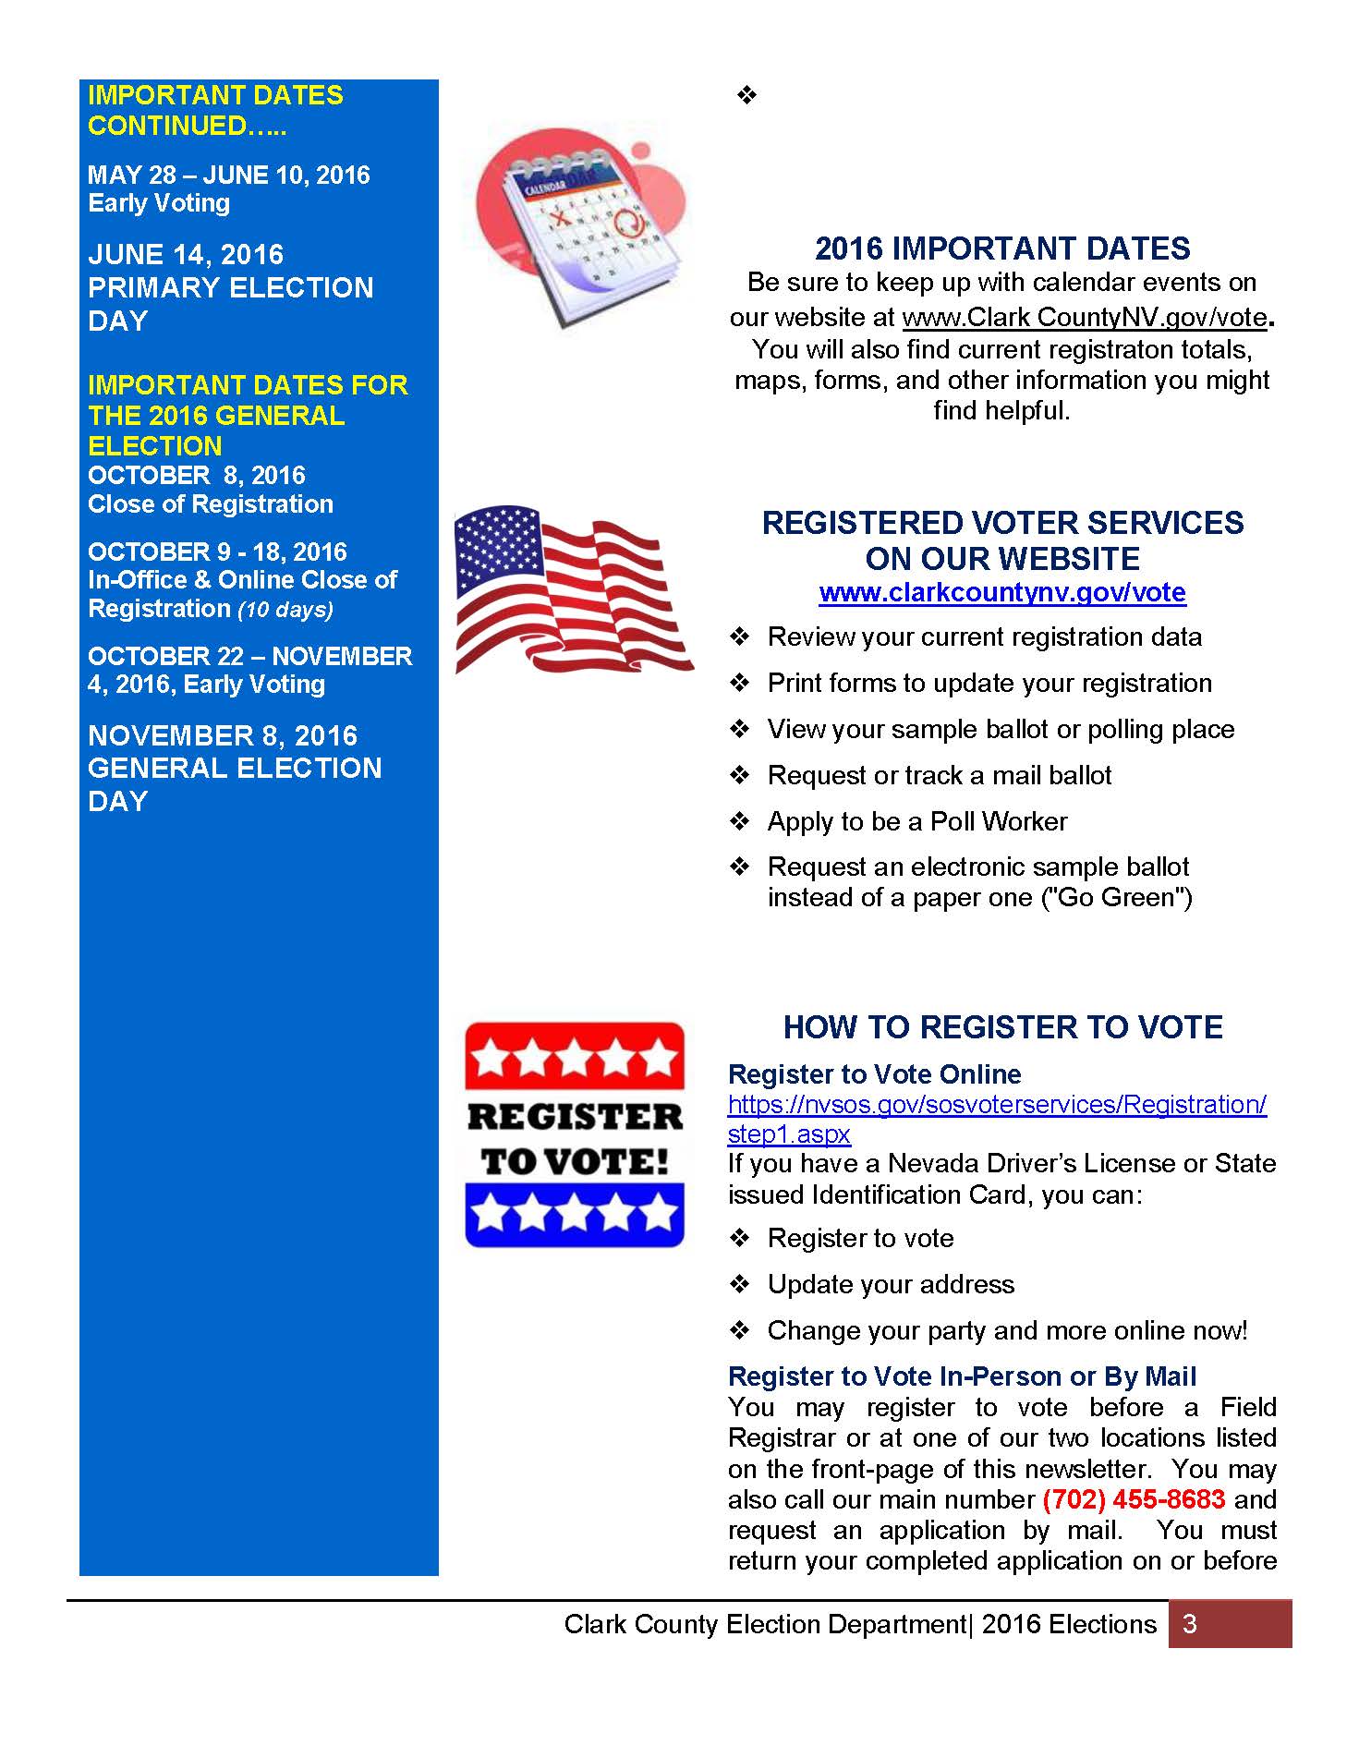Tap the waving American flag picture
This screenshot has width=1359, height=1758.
pos(573,589)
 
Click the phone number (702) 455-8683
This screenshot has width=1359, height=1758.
pos(1134,1498)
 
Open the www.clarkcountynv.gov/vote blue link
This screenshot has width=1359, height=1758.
pos(1002,592)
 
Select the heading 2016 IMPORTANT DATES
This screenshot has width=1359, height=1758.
pos(1002,249)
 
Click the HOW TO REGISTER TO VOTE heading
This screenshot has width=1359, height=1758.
pos(1002,1027)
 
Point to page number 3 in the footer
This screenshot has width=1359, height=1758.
pos(1190,1624)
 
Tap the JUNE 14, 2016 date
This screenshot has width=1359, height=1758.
pos(186,255)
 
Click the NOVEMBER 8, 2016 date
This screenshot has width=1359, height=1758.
pos(223,736)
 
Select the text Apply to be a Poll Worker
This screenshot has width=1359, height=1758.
pos(916,821)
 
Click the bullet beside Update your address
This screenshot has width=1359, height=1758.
pos(739,1284)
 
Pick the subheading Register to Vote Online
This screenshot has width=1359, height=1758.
pos(874,1074)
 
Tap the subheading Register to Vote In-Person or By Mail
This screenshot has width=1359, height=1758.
pos(962,1376)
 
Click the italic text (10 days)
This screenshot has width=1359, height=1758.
pos(285,610)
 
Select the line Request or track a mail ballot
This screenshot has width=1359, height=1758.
pos(939,775)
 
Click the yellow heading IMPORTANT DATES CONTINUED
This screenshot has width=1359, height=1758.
pos(215,110)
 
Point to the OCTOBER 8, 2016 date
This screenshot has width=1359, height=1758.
pos(197,476)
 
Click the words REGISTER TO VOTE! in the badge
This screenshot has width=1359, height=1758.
pos(574,1138)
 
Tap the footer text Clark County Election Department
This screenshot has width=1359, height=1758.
pos(765,1624)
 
